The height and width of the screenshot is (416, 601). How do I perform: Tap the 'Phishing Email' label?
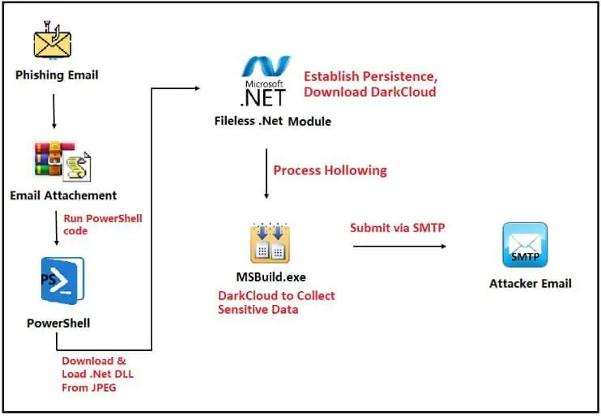tap(57, 75)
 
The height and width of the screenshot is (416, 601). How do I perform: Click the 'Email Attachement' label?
tap(63, 195)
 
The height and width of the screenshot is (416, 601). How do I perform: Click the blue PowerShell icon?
tap(62, 281)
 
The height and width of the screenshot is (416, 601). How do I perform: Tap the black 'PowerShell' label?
tap(58, 324)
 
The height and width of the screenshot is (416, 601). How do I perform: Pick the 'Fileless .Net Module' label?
tap(272, 122)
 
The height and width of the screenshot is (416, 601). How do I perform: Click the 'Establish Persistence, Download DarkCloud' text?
tap(370, 84)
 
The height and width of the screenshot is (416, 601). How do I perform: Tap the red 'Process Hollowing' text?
tap(330, 170)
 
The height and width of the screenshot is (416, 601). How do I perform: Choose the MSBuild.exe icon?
tap(270, 242)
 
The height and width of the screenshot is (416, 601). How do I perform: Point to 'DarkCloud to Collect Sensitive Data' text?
tap(276, 302)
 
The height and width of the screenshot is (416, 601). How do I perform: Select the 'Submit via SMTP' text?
tap(397, 228)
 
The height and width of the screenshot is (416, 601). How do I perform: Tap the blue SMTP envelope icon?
tap(525, 245)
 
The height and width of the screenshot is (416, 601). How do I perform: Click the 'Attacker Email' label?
tap(531, 283)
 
